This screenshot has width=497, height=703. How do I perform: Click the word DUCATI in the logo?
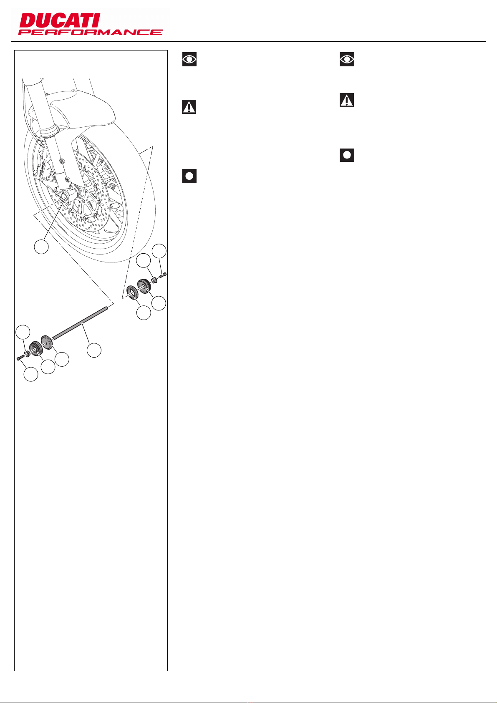coord(59,20)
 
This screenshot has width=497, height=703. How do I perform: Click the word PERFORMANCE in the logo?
coord(91,32)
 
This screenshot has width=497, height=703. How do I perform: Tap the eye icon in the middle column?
coord(189,59)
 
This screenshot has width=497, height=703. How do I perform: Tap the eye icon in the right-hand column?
coord(347,59)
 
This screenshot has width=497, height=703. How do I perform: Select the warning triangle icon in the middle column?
coord(189,107)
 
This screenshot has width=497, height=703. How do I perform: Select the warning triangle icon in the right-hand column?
coord(347,100)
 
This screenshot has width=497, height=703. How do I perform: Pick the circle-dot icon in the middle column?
coord(189,176)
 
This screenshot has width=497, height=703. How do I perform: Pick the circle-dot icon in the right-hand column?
coord(347,155)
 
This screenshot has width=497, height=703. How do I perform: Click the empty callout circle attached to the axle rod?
coord(94,350)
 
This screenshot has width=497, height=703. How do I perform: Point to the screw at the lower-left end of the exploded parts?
coord(21,358)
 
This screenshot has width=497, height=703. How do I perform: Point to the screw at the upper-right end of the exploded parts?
coord(163,275)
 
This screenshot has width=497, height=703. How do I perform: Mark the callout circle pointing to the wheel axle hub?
coord(41,247)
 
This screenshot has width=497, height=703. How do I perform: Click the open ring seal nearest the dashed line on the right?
coord(131,292)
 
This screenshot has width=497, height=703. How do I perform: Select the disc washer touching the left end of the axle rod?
coord(46,343)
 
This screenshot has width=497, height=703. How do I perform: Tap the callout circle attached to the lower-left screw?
coord(31,374)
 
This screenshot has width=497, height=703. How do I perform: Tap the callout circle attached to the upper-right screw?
coord(159,251)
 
